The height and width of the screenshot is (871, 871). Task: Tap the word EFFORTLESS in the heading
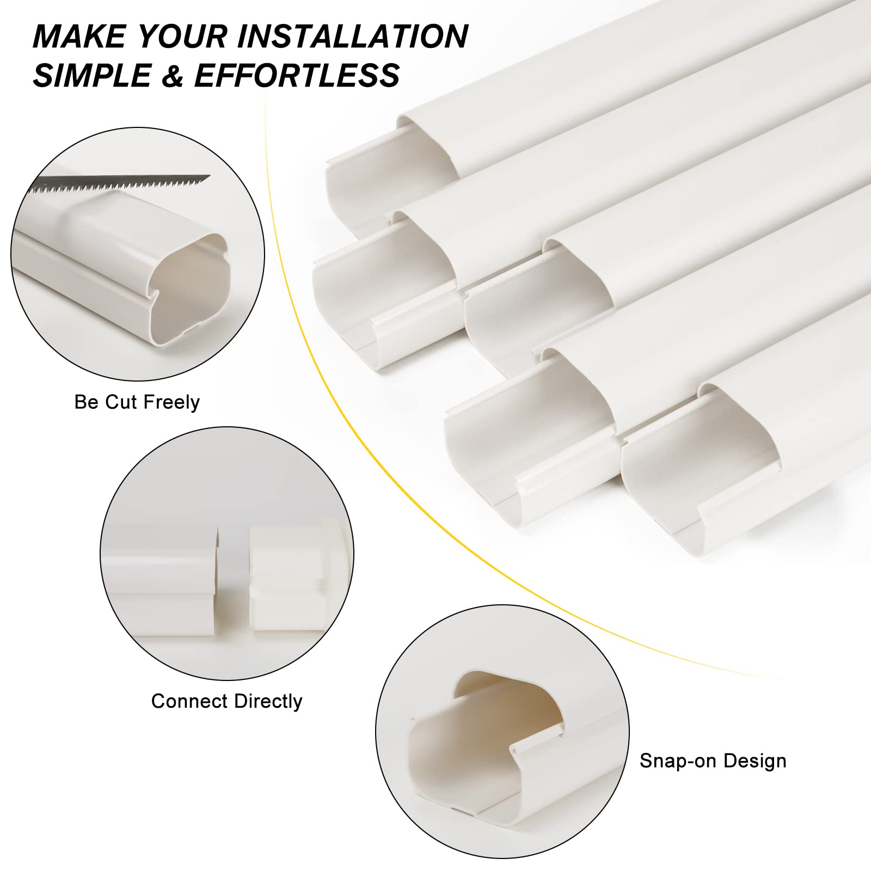pyautogui.click(x=297, y=75)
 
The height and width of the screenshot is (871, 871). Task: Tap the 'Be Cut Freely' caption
pyautogui.click(x=137, y=402)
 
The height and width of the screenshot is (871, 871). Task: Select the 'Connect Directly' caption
pyautogui.click(x=226, y=701)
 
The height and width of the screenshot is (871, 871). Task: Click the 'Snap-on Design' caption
pyautogui.click(x=713, y=760)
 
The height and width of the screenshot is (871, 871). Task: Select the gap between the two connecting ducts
pyautogui.click(x=234, y=582)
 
